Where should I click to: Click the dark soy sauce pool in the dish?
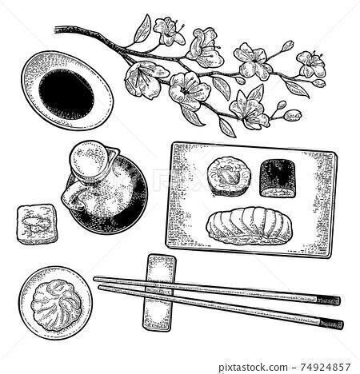click(66, 92)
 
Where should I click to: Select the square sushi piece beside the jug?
click(37, 224)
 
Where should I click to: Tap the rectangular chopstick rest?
click(159, 292)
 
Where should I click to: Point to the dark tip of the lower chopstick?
click(331, 324)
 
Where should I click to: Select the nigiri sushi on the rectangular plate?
click(249, 225)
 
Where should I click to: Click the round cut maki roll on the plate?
click(230, 175)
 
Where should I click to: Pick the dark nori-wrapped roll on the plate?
click(279, 178)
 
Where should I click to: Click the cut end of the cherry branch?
click(57, 30)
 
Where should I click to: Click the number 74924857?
click(324, 368)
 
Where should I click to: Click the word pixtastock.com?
click(253, 368)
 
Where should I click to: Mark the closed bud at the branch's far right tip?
click(319, 83)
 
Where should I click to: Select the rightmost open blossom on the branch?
click(311, 64)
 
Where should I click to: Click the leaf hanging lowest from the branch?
click(226, 127)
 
